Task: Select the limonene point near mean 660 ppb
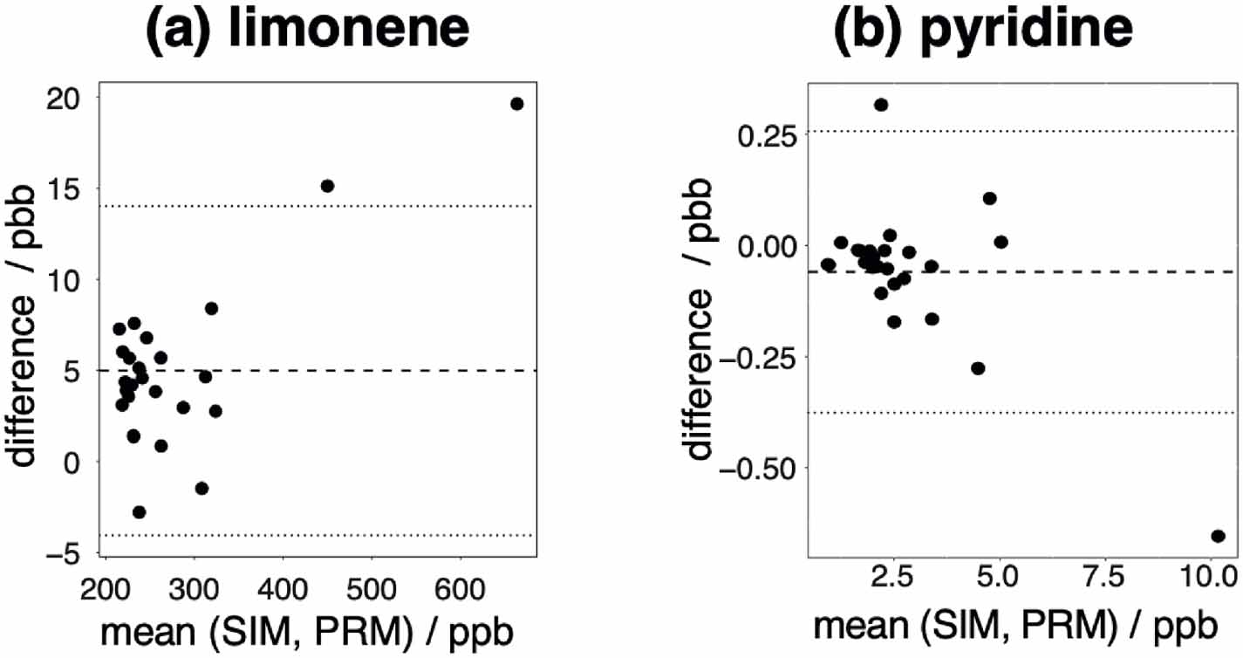[x=516, y=104]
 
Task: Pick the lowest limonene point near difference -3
[x=139, y=512]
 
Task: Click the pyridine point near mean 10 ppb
[x=1219, y=536]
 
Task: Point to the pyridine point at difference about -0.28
[x=978, y=368]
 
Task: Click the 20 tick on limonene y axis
[x=67, y=98]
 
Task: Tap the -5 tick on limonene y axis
[x=67, y=553]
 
